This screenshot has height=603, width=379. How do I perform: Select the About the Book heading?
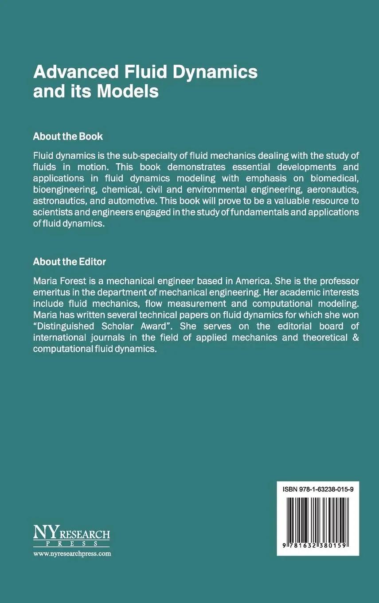point(68,136)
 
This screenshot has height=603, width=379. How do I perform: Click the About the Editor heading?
point(69,262)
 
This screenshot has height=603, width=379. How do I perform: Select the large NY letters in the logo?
point(43,533)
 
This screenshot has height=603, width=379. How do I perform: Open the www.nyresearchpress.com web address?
point(72,553)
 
